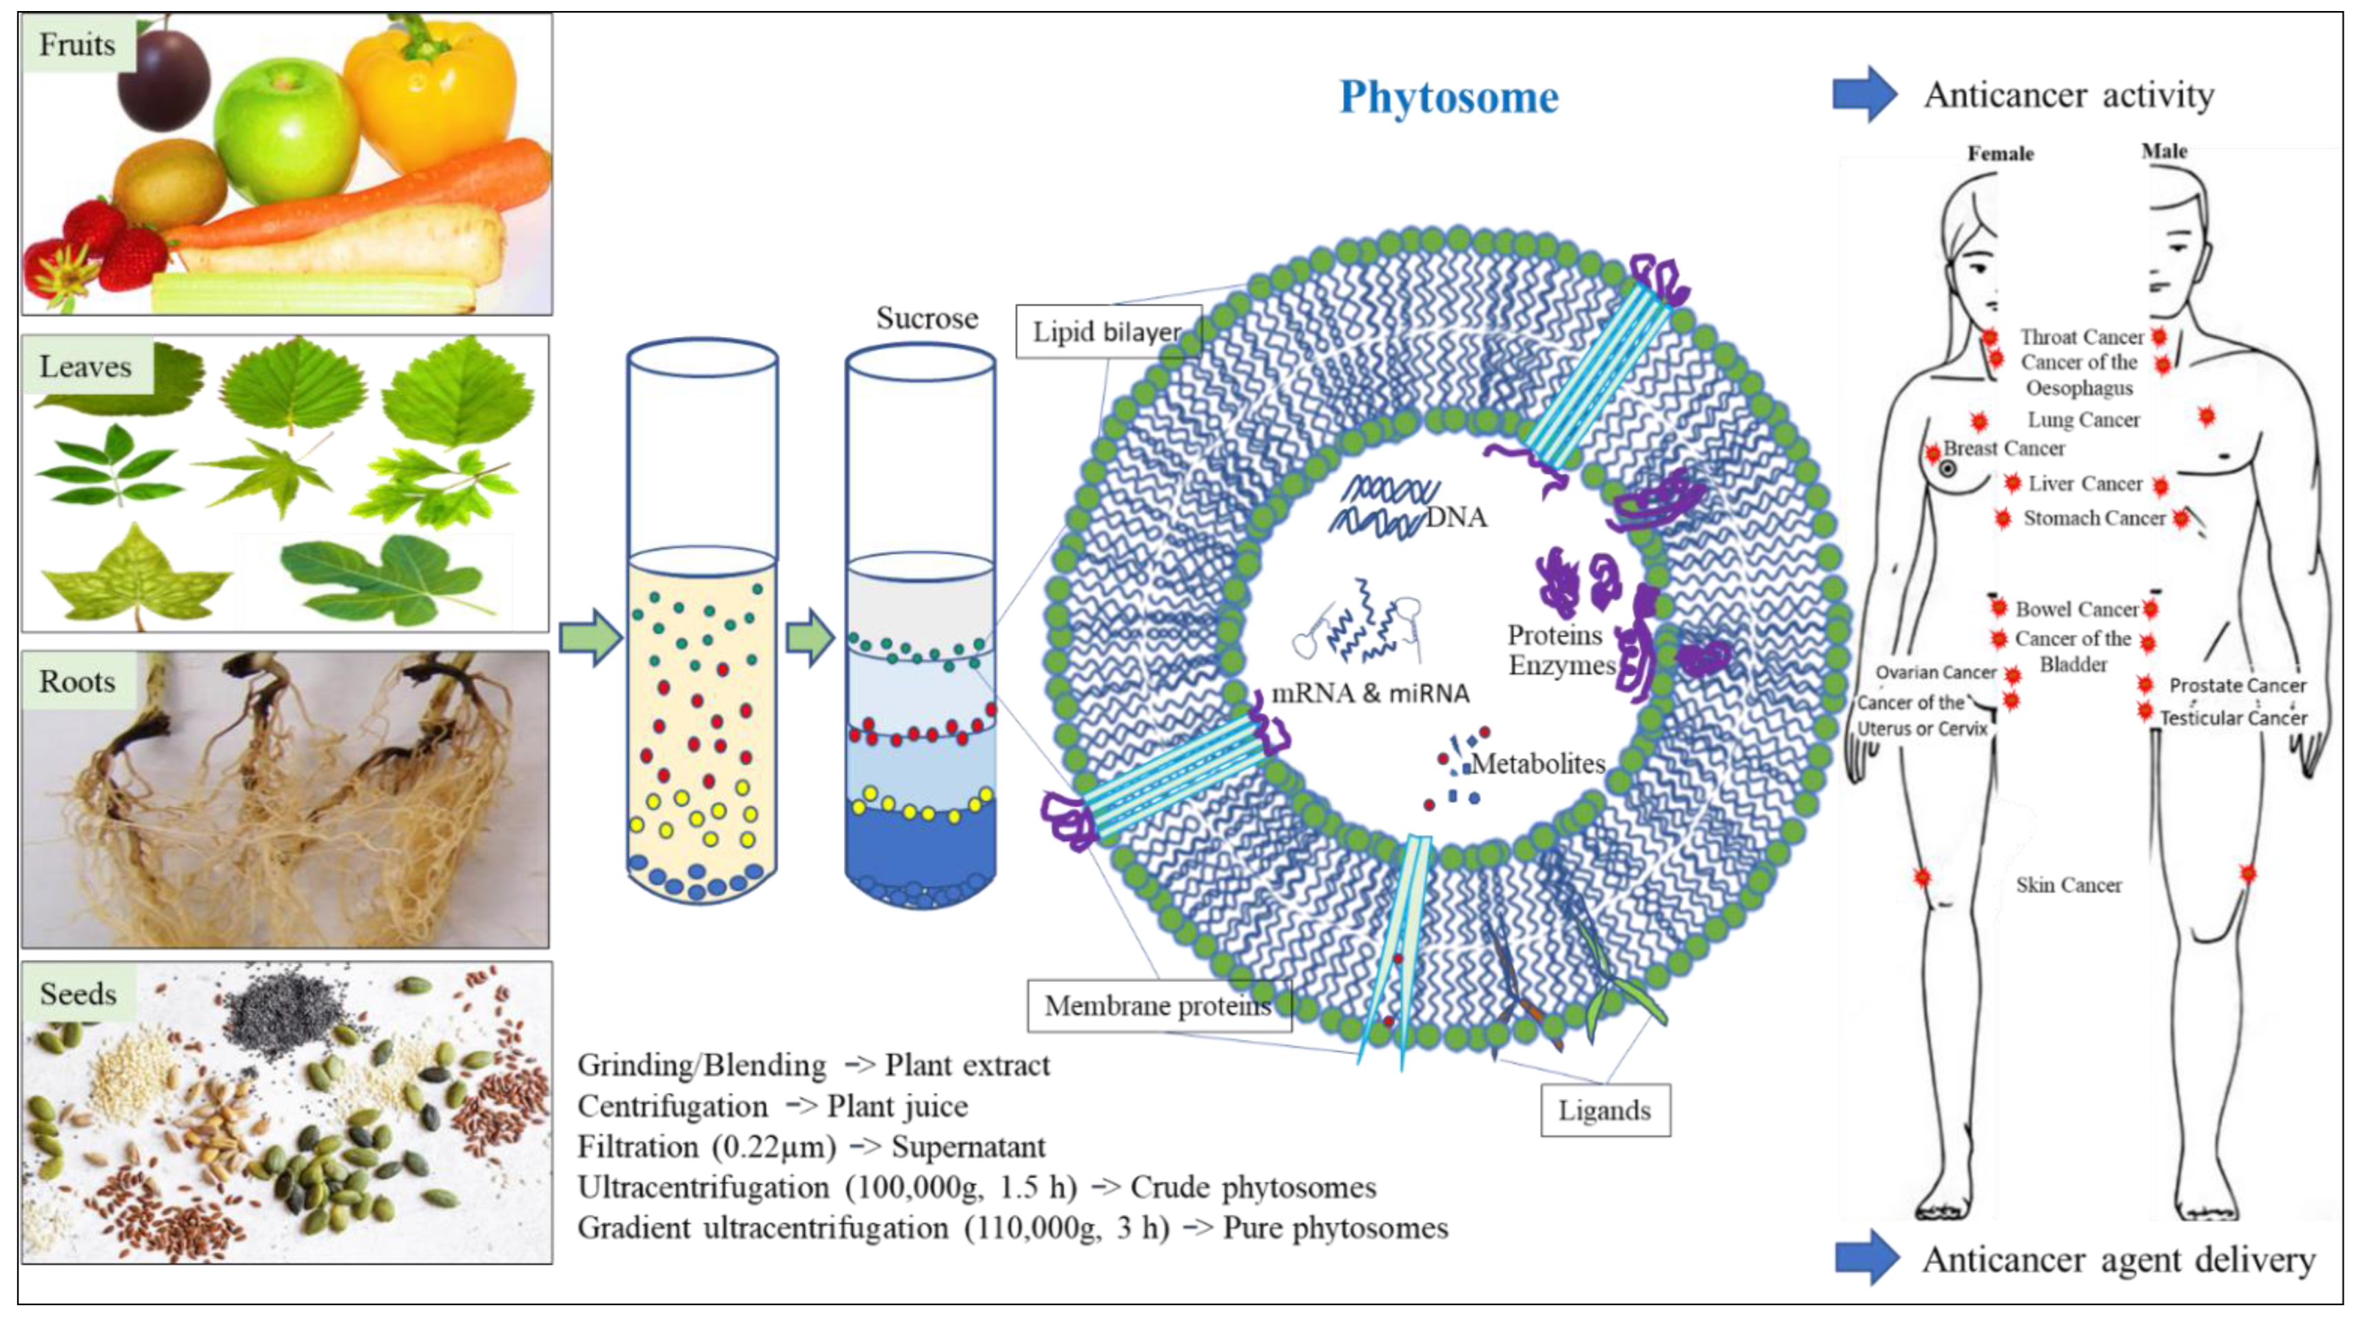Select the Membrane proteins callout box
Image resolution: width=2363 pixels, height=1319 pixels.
click(1158, 1006)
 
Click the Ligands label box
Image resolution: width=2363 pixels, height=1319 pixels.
click(1604, 1110)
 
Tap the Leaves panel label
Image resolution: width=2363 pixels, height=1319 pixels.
click(85, 366)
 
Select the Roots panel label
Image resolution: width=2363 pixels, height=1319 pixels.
click(77, 682)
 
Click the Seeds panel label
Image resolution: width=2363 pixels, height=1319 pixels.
click(78, 993)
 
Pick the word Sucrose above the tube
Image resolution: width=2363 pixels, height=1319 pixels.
click(926, 318)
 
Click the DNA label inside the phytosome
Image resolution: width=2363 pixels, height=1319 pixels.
click(1456, 518)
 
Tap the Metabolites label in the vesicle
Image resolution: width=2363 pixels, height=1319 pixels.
click(1537, 763)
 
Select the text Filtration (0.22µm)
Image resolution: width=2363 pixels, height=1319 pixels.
click(706, 1147)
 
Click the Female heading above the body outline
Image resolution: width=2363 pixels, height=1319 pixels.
click(2000, 153)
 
